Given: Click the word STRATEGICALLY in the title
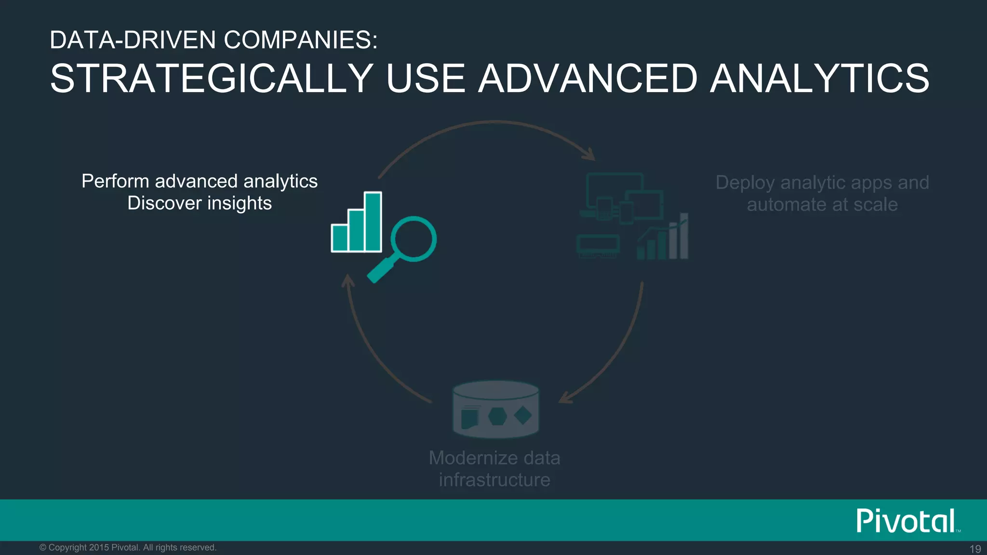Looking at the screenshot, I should (212, 79).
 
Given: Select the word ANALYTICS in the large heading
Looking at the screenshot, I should (819, 79).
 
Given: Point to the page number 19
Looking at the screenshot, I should (975, 549).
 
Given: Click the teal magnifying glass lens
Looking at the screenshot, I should (413, 239).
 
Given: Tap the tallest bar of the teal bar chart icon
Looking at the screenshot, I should (373, 222).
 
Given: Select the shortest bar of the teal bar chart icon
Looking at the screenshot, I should (340, 238).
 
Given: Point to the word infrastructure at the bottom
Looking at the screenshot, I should (494, 480).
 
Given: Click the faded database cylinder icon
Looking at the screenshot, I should (495, 409).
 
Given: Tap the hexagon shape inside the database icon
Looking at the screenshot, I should (497, 416).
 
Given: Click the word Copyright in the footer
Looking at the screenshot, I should (68, 548).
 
